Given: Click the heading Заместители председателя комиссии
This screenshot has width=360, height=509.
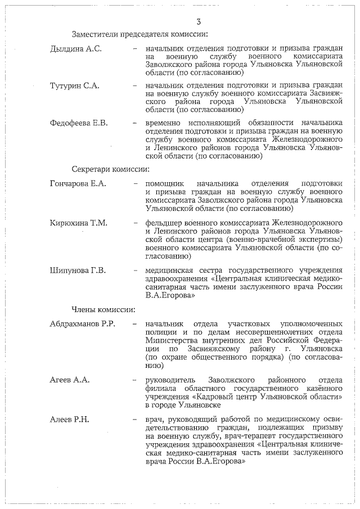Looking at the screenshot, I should pos(137,35).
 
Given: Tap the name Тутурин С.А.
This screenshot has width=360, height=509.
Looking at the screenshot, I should pos(74,85).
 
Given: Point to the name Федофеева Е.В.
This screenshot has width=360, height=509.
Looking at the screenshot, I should pos(79,123).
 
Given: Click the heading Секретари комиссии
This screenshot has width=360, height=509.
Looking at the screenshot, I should pos(110,169).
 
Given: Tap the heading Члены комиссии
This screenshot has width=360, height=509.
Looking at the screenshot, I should pos(103,309).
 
